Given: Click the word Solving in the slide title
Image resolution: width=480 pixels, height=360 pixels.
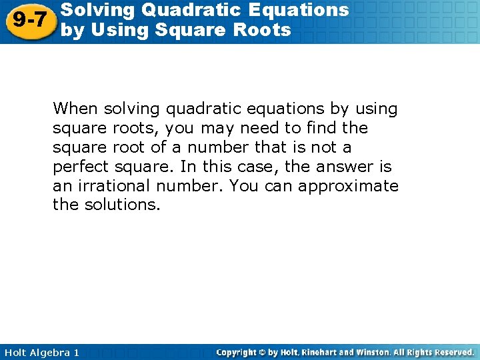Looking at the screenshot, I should click(x=91, y=10).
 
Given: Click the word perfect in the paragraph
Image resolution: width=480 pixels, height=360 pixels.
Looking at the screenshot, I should click(x=80, y=166).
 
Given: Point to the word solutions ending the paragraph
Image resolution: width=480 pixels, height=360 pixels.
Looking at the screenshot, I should click(x=123, y=205).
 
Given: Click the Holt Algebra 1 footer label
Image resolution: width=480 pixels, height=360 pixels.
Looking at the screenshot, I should click(x=40, y=352).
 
